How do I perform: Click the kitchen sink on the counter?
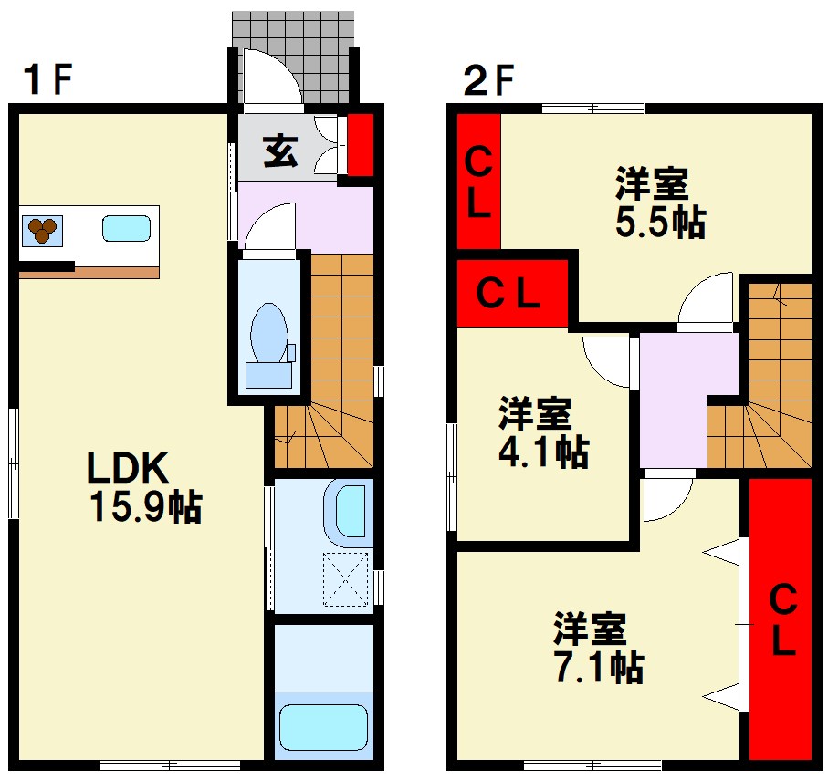tap(125, 228)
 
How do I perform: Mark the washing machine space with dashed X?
tap(346, 580)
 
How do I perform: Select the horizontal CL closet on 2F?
tap(511, 294)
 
